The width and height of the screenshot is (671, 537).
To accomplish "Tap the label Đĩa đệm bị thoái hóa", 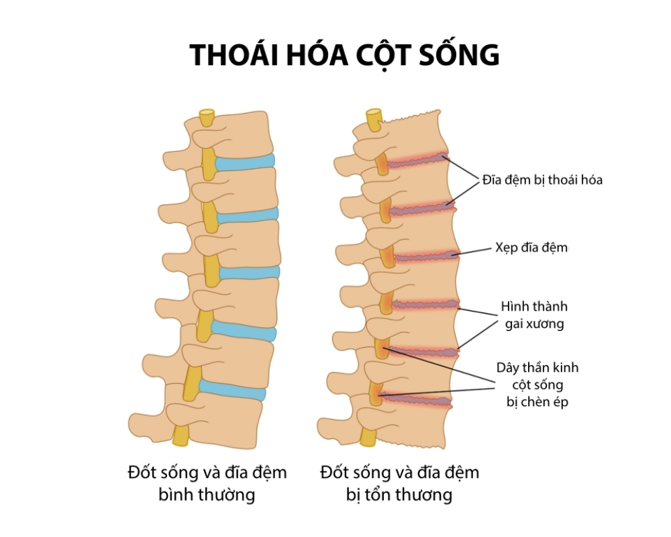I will click(542, 180).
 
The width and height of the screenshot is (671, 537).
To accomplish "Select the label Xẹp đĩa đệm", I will click(531, 248).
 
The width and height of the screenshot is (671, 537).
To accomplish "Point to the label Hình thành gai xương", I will click(534, 315).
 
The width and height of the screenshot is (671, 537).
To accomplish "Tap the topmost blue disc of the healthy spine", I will click(245, 161).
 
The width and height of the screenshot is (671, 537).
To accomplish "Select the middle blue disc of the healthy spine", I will click(248, 273).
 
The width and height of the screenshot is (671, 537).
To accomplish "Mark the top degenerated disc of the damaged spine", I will click(416, 160).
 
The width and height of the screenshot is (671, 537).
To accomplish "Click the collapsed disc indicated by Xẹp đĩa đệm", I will click(423, 256).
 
